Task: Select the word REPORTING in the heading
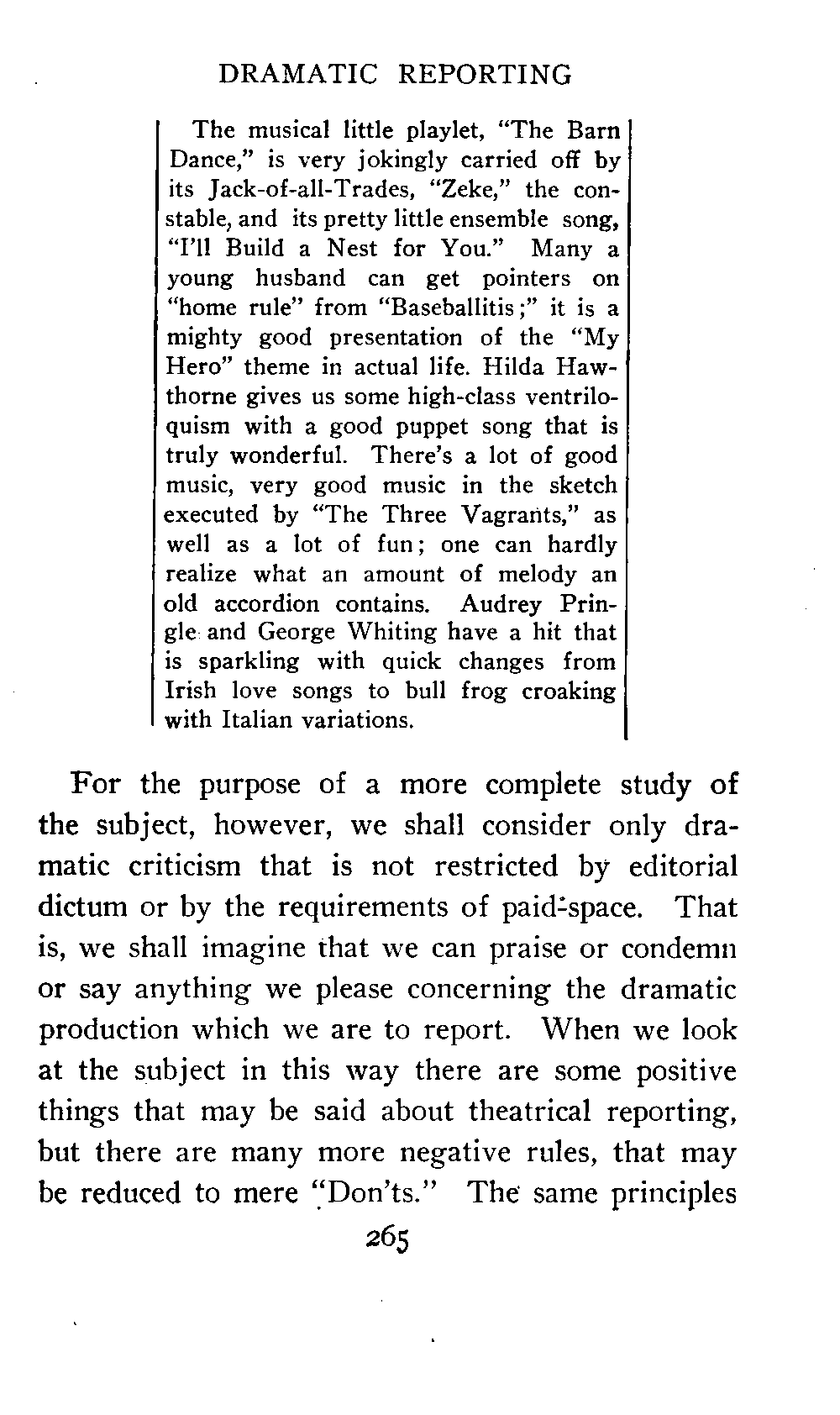(x=485, y=75)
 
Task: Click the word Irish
(x=192, y=691)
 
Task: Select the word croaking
(x=569, y=691)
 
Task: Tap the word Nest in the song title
(x=329, y=250)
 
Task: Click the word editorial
(x=683, y=866)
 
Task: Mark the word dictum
(x=81, y=907)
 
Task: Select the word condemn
(x=680, y=949)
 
